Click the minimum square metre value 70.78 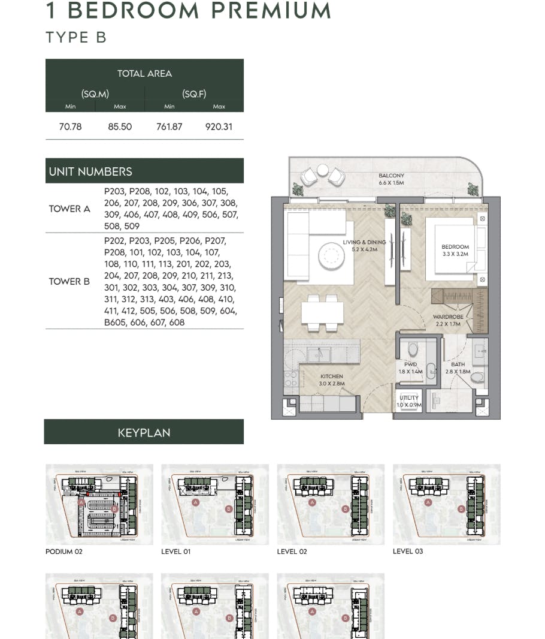click(x=70, y=127)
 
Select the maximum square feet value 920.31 click(x=219, y=127)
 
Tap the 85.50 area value click(x=120, y=127)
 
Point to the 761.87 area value click(x=169, y=127)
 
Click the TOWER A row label click(x=69, y=209)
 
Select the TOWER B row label click(x=69, y=282)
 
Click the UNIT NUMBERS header click(x=90, y=171)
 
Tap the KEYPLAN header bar click(x=144, y=432)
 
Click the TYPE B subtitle click(x=76, y=37)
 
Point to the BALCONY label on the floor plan click(x=391, y=176)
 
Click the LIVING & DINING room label click(x=364, y=243)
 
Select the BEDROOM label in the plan click(x=455, y=247)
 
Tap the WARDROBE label click(x=448, y=317)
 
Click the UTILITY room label click(x=410, y=399)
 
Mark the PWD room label click(x=410, y=364)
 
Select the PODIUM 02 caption click(x=64, y=551)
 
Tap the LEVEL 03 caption click(x=408, y=551)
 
